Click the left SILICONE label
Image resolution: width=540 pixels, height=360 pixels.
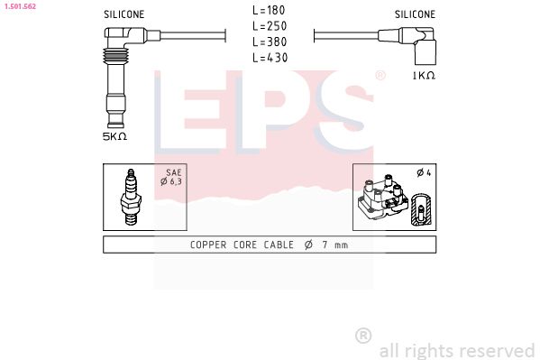tap(124, 15)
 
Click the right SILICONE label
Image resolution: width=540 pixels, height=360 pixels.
tap(415, 15)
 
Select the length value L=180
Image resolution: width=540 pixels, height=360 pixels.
tap(269, 11)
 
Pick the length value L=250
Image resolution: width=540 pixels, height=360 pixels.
tap(269, 26)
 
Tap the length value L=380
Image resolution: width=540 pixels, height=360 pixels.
tap(269, 42)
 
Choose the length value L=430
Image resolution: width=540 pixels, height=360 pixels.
tap(269, 57)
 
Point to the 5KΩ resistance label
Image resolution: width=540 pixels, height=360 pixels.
tap(114, 136)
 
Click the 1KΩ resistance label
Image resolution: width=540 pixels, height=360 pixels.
tap(423, 76)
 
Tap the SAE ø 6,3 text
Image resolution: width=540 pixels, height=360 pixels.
tap(174, 178)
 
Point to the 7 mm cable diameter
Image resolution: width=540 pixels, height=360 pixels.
tap(329, 245)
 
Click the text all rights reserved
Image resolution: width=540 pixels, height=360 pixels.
tap(456, 349)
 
